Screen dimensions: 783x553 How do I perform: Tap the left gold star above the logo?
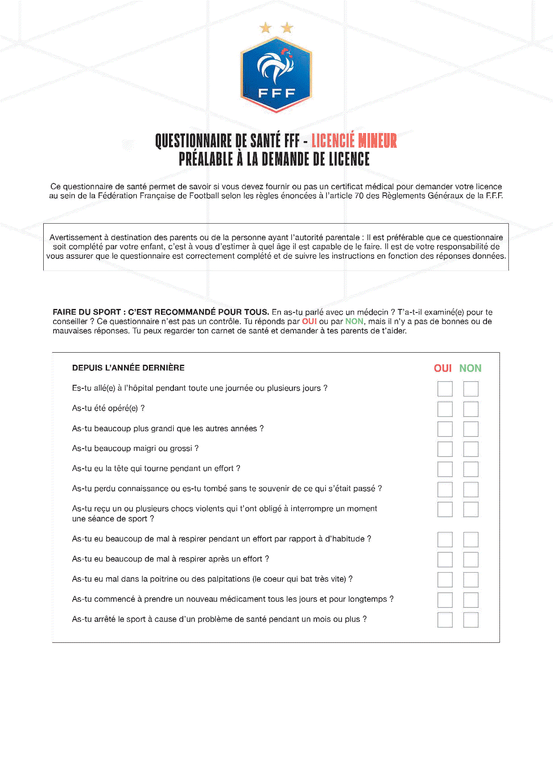[265, 29]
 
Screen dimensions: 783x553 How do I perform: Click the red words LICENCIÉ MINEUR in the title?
[354, 141]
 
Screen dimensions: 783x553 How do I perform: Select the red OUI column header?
[442, 368]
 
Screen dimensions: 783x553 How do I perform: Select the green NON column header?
[470, 368]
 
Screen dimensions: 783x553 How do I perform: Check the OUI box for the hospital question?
[445, 389]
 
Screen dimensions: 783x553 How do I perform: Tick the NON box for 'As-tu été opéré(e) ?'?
[470, 409]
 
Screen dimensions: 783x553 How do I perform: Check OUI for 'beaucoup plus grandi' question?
[445, 429]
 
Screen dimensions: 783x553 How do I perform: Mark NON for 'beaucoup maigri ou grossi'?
[470, 449]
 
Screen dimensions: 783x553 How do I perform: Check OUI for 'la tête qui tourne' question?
[445, 469]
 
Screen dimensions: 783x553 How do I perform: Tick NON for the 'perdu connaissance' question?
[470, 489]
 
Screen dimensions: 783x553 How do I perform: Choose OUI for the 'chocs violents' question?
[445, 509]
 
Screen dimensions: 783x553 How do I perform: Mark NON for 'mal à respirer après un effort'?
[470, 559]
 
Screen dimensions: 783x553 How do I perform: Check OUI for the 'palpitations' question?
[445, 579]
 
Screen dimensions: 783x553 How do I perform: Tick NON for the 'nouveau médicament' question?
[470, 600]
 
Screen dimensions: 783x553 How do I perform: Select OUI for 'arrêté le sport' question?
[445, 620]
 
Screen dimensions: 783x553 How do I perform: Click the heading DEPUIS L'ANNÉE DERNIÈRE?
[128, 368]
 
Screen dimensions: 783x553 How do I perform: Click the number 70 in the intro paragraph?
[359, 196]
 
